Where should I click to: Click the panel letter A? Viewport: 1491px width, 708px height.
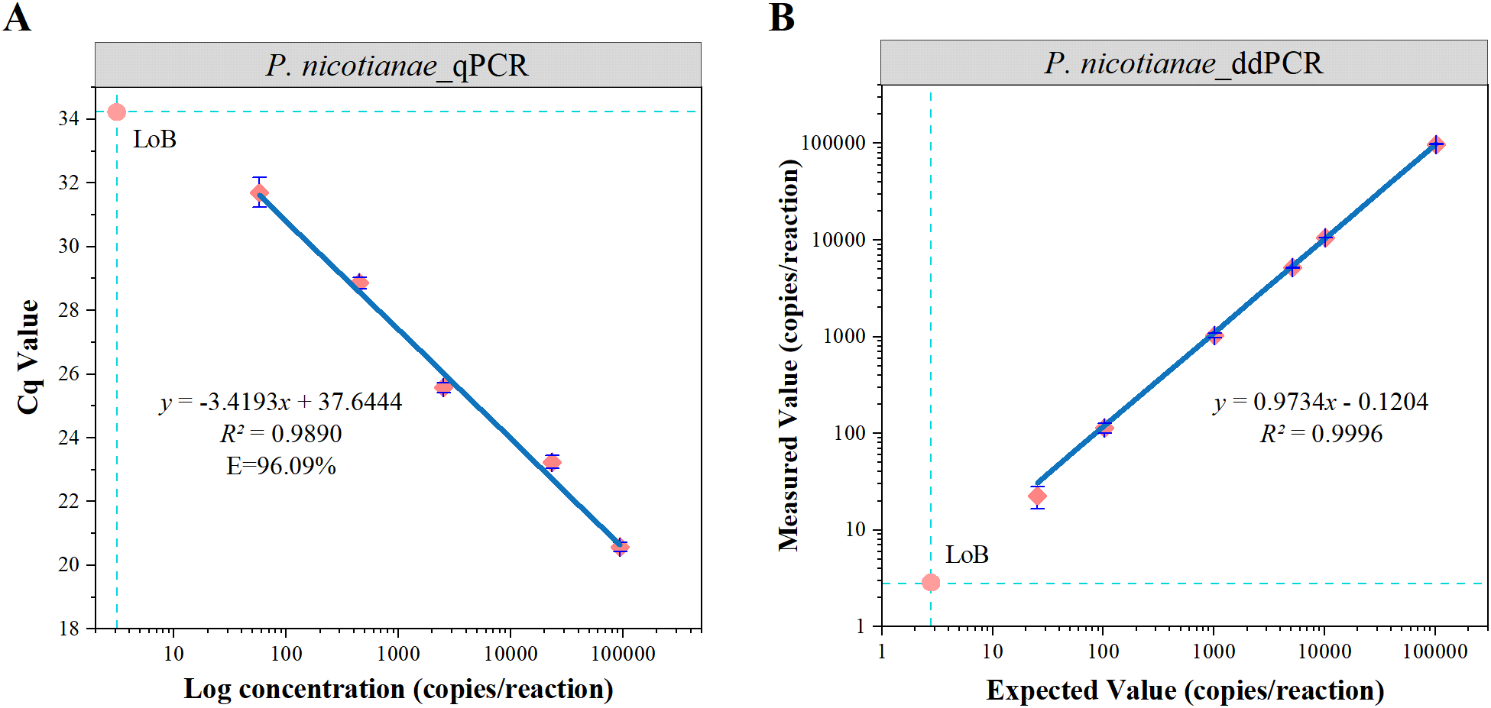coord(17,17)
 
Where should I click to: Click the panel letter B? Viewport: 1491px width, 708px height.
coord(781,17)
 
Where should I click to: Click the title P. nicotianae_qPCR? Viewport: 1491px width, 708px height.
coord(397,66)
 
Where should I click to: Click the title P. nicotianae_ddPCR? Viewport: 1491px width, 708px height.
coord(1183,63)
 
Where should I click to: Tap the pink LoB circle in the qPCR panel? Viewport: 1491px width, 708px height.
coord(116,112)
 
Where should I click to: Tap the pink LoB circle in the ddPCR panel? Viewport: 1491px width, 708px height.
coord(930,583)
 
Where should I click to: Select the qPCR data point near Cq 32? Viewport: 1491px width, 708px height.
coord(260,192)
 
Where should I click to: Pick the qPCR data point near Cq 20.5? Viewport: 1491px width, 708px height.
coord(620,547)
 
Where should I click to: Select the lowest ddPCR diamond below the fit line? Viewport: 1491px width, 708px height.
coord(1037,496)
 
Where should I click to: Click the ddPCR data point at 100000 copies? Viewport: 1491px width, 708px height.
coord(1436,144)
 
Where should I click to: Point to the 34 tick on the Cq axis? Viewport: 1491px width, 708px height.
coord(69,118)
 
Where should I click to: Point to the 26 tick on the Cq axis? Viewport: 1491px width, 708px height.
coord(69,373)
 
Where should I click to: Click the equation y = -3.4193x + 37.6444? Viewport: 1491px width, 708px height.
coord(280,402)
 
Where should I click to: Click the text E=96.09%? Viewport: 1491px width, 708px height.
coord(280,466)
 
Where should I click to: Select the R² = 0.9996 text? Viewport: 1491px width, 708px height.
coord(1321,434)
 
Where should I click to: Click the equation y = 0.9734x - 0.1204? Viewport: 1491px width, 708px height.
coord(1321,402)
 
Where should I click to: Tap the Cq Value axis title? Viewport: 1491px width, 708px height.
coord(28,357)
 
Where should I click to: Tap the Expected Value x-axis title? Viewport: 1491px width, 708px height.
coord(1185,690)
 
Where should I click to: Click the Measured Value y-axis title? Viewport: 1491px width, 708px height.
coord(789,355)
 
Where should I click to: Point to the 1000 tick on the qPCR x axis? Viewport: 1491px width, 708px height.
coord(398,654)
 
